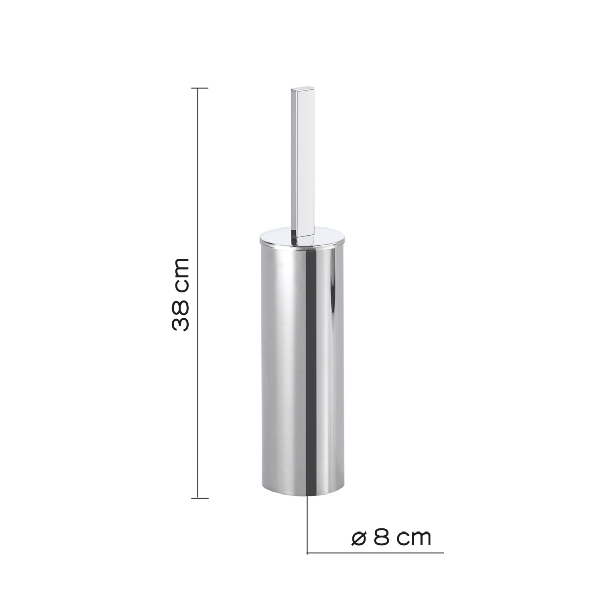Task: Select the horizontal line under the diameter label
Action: pyautogui.click(x=375, y=552)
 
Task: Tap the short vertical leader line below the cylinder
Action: pyautogui.click(x=308, y=522)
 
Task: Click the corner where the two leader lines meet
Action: pyautogui.click(x=308, y=552)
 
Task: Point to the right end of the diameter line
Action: pyautogui.click(x=443, y=552)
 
